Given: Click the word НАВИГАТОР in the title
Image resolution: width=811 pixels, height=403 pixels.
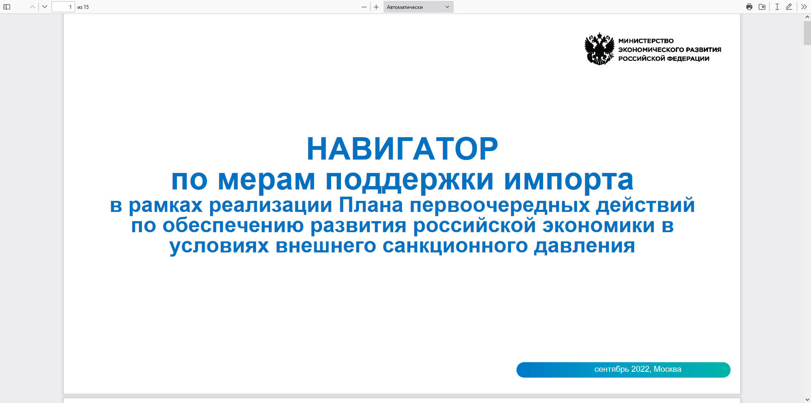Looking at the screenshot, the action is click(x=402, y=149).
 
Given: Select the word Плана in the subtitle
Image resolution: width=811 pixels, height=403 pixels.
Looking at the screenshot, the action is click(x=371, y=205).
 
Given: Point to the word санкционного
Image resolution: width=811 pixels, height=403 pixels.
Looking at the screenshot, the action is click(x=455, y=246).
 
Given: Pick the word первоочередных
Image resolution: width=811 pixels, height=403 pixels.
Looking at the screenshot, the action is click(x=500, y=206).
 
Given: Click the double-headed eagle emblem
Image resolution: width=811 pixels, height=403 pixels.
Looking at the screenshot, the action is click(x=599, y=49).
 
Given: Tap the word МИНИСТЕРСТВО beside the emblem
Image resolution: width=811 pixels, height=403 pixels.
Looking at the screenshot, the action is click(x=646, y=41).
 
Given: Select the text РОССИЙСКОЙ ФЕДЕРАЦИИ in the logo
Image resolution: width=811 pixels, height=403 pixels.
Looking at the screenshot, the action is click(x=664, y=59).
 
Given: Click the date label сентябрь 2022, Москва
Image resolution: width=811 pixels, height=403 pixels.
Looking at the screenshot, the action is click(x=638, y=369).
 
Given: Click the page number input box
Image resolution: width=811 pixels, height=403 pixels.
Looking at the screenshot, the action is click(x=63, y=7).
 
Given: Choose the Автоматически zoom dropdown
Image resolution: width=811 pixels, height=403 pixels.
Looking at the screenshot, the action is click(x=418, y=7).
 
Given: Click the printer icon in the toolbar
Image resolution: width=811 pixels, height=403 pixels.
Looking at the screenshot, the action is click(x=749, y=7).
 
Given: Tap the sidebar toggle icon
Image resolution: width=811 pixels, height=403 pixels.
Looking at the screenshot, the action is click(x=7, y=7).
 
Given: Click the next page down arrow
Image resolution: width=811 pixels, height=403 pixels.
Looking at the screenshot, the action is click(x=45, y=7).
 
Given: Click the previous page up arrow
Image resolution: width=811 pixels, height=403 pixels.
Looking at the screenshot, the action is click(x=33, y=7).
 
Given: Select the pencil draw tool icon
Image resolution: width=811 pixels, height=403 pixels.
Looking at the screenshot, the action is click(x=789, y=7).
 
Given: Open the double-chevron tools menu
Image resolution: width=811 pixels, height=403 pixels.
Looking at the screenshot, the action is click(x=804, y=7).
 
